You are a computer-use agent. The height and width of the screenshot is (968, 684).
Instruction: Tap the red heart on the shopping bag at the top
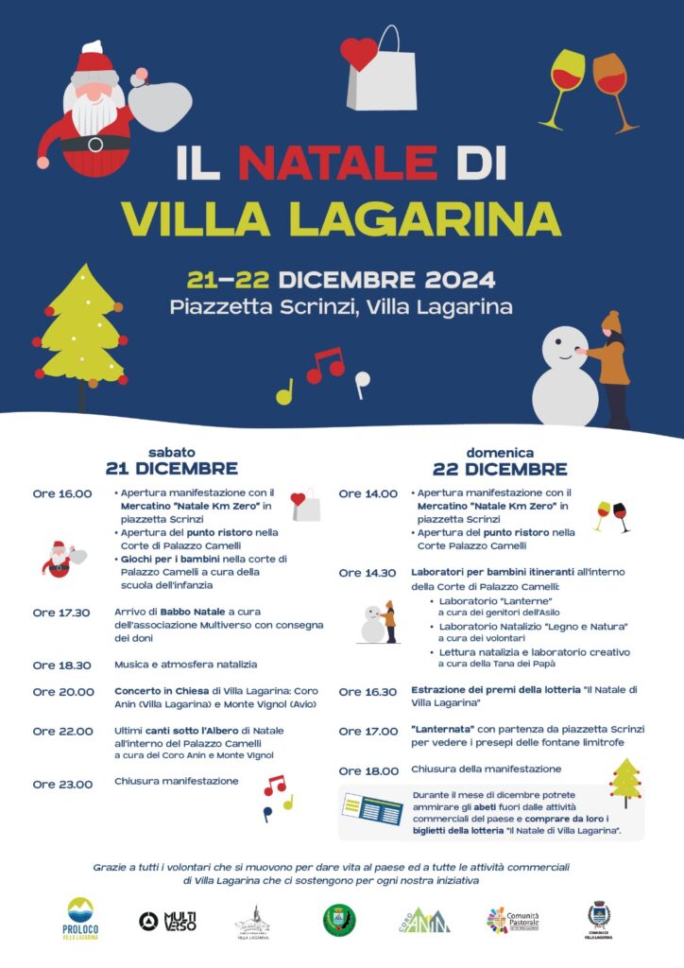359,53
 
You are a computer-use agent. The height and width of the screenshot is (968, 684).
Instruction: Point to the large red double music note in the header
326,364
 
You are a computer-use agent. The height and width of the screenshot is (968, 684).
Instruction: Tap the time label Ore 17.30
61,613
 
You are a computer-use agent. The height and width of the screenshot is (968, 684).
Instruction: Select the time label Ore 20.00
61,692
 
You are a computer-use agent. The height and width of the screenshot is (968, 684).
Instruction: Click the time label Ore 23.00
61,784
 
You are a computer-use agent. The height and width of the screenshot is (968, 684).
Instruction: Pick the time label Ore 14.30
368,573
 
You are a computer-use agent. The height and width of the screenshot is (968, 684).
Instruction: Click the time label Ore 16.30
368,692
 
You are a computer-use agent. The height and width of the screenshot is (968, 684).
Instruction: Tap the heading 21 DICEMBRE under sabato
171,469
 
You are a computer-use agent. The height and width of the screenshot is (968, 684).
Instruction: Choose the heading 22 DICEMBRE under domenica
500,469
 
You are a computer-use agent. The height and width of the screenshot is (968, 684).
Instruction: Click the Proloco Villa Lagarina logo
80,917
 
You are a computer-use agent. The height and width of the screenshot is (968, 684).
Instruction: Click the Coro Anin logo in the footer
423,920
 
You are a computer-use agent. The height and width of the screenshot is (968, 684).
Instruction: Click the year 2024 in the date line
453,280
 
